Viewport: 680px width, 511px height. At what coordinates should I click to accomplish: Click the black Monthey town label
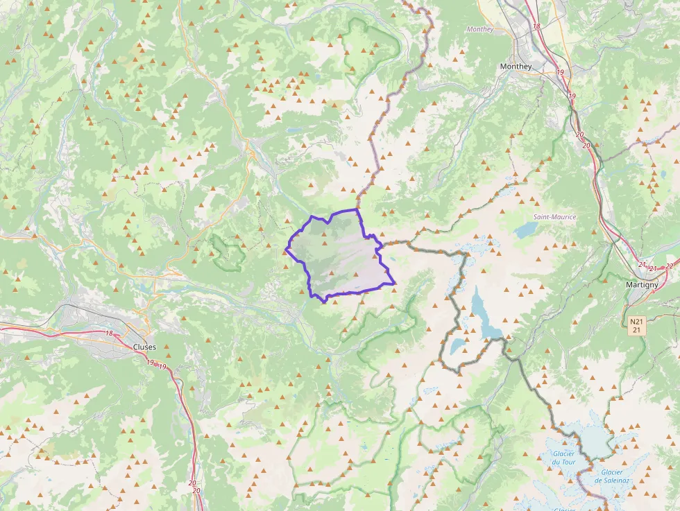coord(516,67)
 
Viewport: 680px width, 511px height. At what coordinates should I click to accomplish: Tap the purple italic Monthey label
coord(480,30)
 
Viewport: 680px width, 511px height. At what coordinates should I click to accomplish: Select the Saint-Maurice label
coord(554,217)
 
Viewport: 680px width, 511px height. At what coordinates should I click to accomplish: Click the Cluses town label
coord(144,347)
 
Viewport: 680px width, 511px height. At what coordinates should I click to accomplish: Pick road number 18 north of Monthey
coord(536,26)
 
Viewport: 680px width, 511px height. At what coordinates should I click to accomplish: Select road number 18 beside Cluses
coord(109,334)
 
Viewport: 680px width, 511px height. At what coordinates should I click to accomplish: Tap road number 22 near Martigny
coord(669,266)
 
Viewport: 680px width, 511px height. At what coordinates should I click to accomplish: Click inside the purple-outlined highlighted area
coord(340,257)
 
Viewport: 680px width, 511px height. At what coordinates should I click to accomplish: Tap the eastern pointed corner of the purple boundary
coord(394,282)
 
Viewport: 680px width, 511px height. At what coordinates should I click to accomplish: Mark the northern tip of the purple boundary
coord(357,209)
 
